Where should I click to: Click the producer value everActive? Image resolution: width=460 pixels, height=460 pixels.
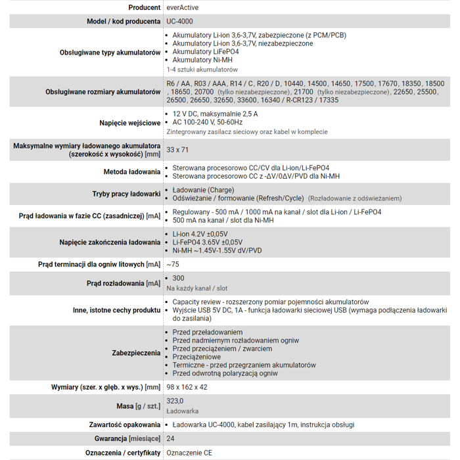click(x=183, y=7)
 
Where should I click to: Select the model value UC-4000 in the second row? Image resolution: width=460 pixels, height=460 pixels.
click(x=180, y=22)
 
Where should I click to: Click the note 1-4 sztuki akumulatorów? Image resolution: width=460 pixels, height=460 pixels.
click(x=202, y=69)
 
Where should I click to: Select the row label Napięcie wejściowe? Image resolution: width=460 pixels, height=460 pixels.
click(x=130, y=123)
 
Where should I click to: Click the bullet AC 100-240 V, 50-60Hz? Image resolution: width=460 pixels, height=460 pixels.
click(x=207, y=122)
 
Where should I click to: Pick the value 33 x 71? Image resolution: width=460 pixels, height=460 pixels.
click(x=177, y=150)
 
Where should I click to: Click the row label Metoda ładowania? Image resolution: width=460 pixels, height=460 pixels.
click(x=132, y=172)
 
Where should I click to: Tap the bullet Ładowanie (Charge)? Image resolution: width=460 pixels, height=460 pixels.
click(x=203, y=190)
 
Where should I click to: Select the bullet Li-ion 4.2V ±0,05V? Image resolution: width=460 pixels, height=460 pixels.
click(x=200, y=234)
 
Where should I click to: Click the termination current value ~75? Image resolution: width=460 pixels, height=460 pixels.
click(x=173, y=264)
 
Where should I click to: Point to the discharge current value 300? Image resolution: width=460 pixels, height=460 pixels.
click(x=178, y=279)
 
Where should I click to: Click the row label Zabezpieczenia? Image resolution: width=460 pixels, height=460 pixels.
click(x=136, y=353)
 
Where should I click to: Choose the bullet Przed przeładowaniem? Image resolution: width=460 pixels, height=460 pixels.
click(x=207, y=333)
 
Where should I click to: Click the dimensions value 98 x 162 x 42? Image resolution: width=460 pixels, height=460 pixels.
click(x=187, y=387)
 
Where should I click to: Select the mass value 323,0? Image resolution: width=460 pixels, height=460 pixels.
click(x=175, y=401)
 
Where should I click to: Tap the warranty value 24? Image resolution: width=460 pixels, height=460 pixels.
click(x=171, y=438)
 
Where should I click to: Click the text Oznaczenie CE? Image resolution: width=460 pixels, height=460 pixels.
click(x=190, y=453)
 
